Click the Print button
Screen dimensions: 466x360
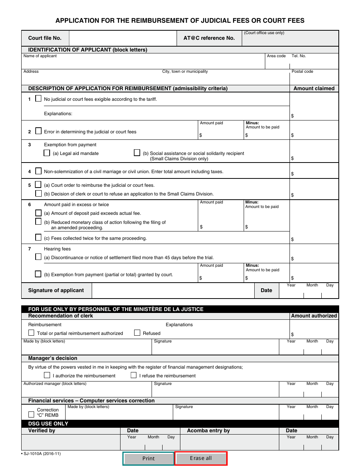(x=148, y=458)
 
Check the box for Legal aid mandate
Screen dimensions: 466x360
(x=47, y=153)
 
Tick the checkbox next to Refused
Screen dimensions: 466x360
(x=138, y=333)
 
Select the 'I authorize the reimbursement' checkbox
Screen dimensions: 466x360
(x=47, y=375)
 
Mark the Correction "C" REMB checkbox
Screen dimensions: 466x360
(x=31, y=414)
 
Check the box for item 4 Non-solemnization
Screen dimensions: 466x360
(x=38, y=171)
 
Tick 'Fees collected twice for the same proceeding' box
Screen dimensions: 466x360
(x=38, y=238)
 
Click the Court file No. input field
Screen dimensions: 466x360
(x=123, y=38)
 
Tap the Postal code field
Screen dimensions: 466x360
(x=314, y=79)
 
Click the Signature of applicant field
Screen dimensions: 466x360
(x=173, y=291)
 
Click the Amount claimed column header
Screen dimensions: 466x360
(x=314, y=88)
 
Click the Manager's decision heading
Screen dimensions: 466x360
(x=53, y=358)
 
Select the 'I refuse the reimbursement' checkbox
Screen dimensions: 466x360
(x=133, y=375)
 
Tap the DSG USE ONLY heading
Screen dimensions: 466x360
(x=48, y=424)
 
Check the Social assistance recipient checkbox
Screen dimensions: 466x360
(x=137, y=153)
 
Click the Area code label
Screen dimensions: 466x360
(x=276, y=56)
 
